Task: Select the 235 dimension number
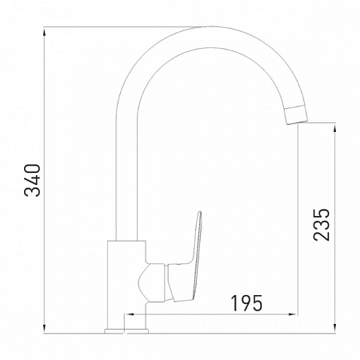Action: (321, 226)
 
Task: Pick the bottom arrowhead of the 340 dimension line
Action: (46, 328)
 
